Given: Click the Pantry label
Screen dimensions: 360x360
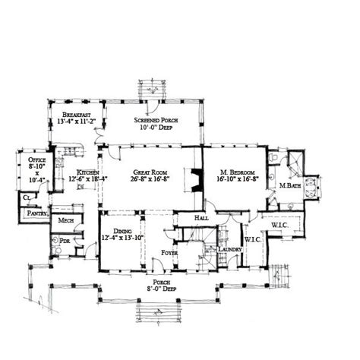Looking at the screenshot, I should pos(38,215).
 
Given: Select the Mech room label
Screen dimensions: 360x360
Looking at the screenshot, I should pos(65,220).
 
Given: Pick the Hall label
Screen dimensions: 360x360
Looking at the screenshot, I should pos(201,218).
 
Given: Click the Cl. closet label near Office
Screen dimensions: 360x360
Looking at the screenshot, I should pos(27,197).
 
